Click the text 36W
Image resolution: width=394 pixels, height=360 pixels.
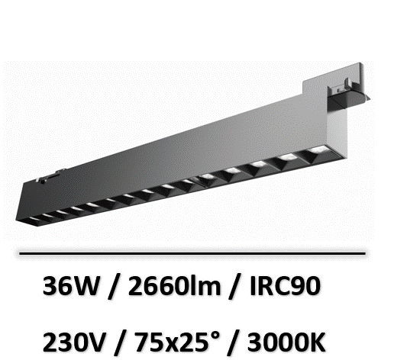coord(70,285)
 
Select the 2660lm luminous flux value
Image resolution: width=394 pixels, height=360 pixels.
coord(174,285)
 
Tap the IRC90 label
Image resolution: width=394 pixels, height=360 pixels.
coord(285,285)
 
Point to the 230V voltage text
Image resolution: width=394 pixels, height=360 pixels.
coord(74,342)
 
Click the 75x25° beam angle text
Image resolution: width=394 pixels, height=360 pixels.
coord(177,342)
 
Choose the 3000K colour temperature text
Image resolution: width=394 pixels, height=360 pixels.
coord(286,342)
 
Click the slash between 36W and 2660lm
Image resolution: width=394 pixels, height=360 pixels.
coord(113,287)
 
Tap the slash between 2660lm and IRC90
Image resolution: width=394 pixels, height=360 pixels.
coord(234,287)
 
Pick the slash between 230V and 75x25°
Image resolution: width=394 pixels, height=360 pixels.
coord(120,343)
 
